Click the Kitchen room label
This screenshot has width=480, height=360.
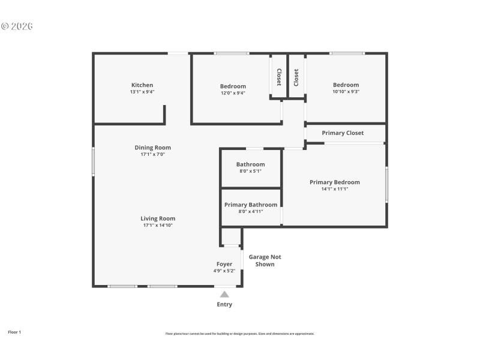[142, 85]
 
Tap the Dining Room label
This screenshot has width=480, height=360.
[152, 148]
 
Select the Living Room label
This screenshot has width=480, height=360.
[158, 218]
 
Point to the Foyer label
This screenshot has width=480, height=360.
[224, 264]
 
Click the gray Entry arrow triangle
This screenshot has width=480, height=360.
[224, 294]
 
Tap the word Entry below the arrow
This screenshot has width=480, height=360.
[224, 304]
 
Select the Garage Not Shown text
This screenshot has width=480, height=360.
[265, 260]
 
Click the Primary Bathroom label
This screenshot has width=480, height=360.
[251, 205]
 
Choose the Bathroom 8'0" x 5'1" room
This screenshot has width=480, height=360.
[250, 167]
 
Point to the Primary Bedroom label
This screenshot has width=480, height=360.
[335, 182]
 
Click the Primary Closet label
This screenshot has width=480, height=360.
[343, 133]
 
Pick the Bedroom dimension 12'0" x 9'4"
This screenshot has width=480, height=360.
[233, 93]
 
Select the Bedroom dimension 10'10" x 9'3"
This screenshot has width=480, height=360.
[346, 92]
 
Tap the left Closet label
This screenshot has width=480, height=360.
[278, 77]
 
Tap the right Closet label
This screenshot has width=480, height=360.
[296, 77]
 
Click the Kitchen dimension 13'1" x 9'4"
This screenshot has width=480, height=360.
[142, 92]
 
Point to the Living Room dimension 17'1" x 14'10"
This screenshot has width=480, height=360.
[158, 226]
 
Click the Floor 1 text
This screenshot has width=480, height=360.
[14, 332]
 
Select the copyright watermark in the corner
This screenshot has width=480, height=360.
[17, 26]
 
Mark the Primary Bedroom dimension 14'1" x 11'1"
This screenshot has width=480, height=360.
[335, 189]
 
